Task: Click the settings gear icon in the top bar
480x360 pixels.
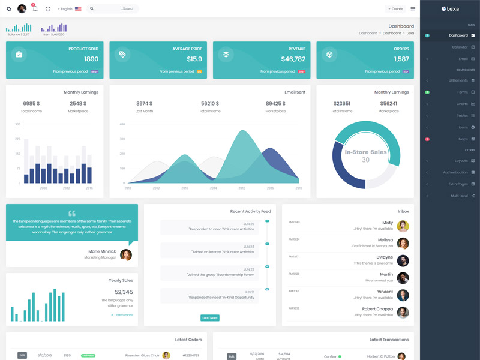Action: (8, 9)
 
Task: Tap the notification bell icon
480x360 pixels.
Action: (35, 9)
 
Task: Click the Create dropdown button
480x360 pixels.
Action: (395, 9)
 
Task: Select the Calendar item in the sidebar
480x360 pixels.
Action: (460, 47)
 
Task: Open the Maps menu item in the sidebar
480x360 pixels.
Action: (463, 139)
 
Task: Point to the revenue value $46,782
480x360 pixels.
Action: (293, 59)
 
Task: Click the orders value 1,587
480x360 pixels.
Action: (401, 59)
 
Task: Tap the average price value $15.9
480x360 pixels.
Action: (194, 59)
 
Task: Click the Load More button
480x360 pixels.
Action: (209, 317)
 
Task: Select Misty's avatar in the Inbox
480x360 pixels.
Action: (403, 226)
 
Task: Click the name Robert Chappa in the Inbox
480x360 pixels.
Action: (377, 309)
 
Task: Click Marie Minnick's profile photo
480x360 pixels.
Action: (126, 254)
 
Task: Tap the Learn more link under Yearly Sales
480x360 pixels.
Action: (122, 314)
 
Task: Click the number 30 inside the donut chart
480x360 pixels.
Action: (365, 160)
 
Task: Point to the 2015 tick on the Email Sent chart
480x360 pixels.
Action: (242, 188)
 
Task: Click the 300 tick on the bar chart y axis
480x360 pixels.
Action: (18, 124)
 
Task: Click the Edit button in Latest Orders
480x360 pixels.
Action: (22, 355)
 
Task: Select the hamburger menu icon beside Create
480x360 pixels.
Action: (413, 9)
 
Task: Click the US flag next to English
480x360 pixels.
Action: (78, 9)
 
